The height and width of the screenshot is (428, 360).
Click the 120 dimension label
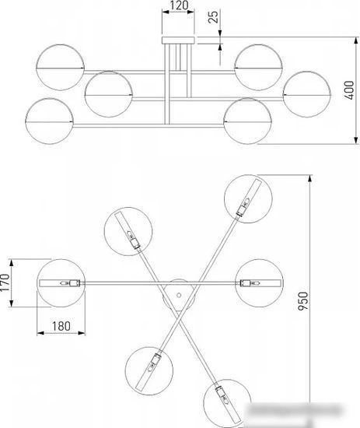point(179,5)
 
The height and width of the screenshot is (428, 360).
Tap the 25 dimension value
point(214,16)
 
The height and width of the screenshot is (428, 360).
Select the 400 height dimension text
point(349,90)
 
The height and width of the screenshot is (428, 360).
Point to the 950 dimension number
point(302,301)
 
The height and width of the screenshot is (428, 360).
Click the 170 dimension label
point(5,282)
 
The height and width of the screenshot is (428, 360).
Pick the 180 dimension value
point(61,326)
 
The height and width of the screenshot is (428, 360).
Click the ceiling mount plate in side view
point(178,40)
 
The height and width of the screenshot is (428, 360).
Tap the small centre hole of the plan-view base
point(179,295)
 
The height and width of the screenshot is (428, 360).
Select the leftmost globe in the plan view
point(61,283)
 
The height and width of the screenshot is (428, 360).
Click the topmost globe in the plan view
point(248,199)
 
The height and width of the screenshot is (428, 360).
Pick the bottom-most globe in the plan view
point(227,403)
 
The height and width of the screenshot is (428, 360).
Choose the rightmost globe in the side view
point(307,94)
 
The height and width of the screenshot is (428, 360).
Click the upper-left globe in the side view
point(61,67)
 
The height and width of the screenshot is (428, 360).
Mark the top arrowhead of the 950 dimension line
point(309,178)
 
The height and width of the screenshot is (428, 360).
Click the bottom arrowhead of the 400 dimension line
point(356,140)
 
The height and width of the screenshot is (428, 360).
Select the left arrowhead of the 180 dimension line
point(40,333)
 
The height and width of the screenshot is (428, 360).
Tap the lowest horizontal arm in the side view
point(149,125)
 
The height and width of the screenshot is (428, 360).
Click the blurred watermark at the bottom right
point(295,409)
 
